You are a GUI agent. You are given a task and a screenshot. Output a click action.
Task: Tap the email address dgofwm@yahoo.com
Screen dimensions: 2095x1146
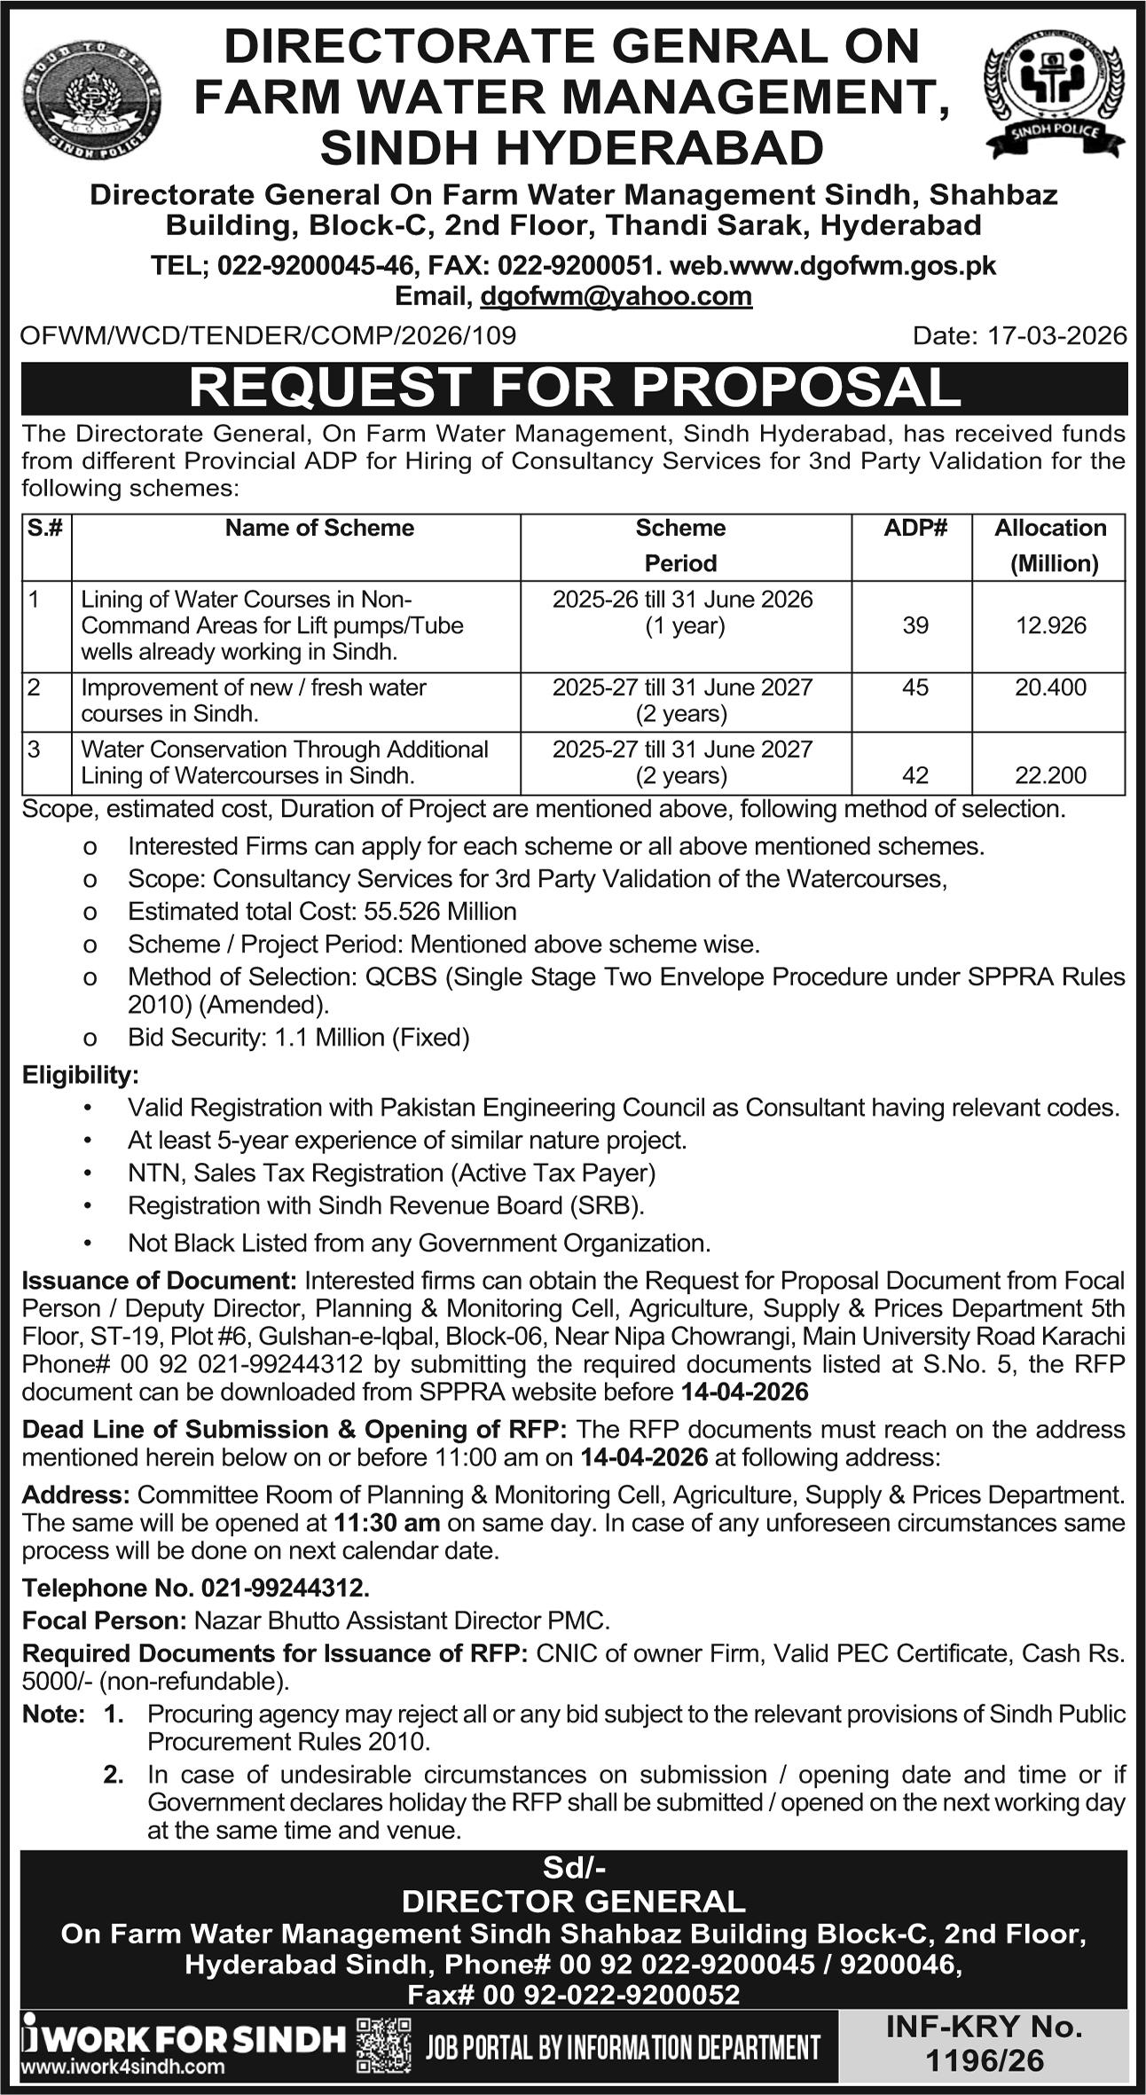point(616,296)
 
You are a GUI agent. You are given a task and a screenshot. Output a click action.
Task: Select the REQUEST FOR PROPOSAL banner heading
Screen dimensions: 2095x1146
point(574,388)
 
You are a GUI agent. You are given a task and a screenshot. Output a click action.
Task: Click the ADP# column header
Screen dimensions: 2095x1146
point(914,528)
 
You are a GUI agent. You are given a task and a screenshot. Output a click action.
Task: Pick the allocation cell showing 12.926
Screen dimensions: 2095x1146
point(1050,625)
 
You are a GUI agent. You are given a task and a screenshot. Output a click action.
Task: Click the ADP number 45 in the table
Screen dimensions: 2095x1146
point(914,687)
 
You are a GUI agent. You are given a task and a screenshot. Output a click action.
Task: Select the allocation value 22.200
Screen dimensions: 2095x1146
point(1050,775)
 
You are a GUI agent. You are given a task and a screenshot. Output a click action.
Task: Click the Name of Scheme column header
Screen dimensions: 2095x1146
point(319,528)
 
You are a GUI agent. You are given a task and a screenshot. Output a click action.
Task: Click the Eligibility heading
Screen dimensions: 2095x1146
point(80,1075)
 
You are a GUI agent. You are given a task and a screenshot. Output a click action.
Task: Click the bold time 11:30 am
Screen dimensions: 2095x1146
point(387,1523)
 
